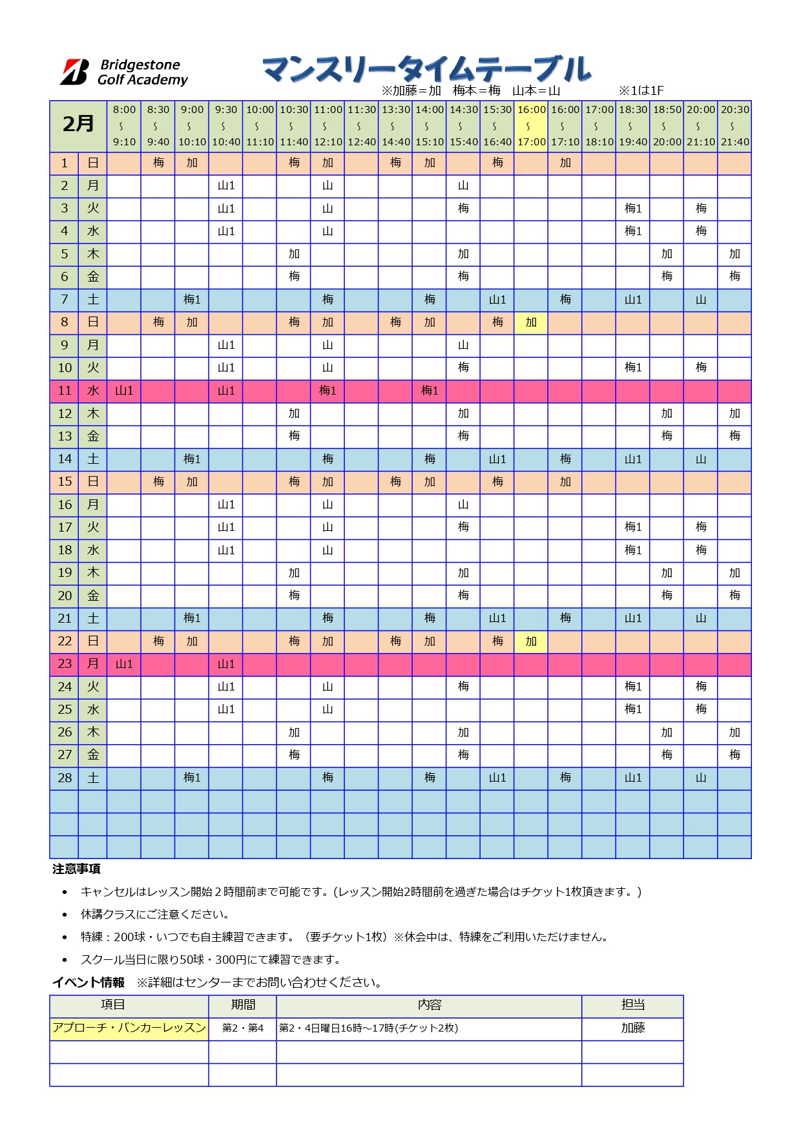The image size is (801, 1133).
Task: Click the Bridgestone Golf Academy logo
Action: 124,72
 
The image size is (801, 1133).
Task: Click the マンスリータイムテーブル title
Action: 426,69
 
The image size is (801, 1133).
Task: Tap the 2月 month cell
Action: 78,125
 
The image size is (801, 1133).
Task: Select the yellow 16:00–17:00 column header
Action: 531,126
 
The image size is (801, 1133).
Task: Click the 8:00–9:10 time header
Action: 124,126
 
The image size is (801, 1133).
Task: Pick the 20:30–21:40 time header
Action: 734,126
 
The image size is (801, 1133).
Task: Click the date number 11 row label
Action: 65,391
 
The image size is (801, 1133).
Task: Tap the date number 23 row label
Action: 65,664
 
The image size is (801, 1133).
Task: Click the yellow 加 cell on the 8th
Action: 531,322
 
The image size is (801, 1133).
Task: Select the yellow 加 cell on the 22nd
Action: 531,641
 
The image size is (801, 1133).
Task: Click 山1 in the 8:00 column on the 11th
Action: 124,391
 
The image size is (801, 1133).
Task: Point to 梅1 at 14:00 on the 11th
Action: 430,391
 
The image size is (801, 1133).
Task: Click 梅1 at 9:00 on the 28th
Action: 192,778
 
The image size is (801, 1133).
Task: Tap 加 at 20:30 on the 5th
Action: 734,254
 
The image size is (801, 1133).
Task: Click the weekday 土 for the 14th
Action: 93,459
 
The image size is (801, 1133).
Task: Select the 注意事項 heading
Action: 76,869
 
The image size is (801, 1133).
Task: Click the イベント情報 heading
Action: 88,982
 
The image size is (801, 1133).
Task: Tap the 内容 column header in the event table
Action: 429,1005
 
